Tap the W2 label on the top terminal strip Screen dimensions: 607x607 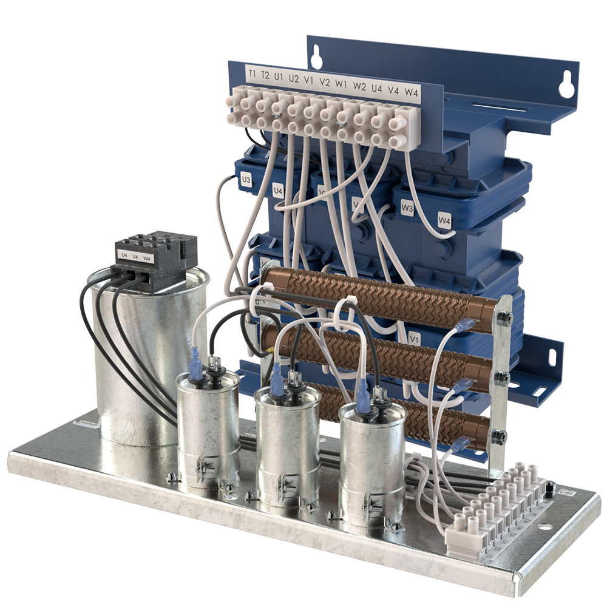(x=359, y=86)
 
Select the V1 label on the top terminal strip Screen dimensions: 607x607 (x=308, y=81)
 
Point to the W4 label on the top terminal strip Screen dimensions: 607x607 (x=412, y=92)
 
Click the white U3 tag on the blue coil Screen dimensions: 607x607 (x=246, y=180)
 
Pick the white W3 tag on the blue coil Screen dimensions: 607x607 (x=407, y=209)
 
